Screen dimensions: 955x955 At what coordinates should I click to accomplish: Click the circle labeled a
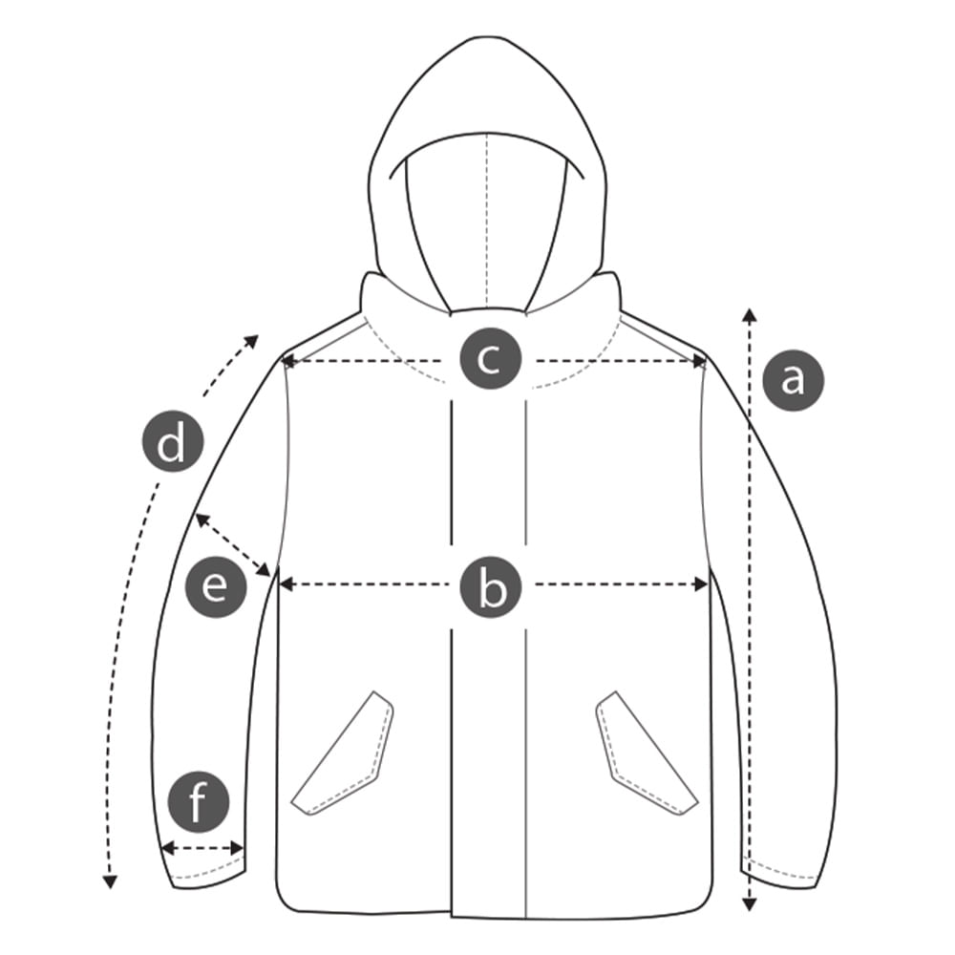click(793, 379)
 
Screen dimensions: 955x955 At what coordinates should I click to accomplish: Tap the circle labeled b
click(491, 587)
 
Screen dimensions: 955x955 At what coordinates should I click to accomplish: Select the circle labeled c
click(490, 359)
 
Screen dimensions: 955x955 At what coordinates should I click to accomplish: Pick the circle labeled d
click(173, 441)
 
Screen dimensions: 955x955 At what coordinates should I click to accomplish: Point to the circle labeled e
click(216, 587)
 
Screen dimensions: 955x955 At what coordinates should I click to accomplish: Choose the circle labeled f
click(199, 802)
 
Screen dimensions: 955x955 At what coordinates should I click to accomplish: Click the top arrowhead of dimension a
click(750, 315)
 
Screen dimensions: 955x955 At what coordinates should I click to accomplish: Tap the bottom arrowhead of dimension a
click(750, 903)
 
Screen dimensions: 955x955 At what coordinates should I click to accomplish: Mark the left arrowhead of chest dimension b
click(286, 584)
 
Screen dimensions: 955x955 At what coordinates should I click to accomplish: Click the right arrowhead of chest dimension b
click(701, 584)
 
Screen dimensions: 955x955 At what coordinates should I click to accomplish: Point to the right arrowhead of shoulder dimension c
click(700, 362)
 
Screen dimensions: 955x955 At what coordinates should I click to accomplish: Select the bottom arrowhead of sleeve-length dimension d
click(110, 881)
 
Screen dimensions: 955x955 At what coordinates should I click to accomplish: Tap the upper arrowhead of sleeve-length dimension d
click(251, 341)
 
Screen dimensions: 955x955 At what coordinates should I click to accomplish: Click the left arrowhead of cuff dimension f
click(167, 848)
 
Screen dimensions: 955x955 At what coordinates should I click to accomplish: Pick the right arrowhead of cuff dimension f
click(237, 848)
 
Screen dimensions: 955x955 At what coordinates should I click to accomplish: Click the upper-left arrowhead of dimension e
click(201, 520)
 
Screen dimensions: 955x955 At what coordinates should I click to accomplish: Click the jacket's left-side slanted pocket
click(342, 753)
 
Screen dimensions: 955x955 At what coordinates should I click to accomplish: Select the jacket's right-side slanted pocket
click(647, 753)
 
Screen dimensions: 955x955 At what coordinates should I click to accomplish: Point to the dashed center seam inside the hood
click(487, 221)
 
